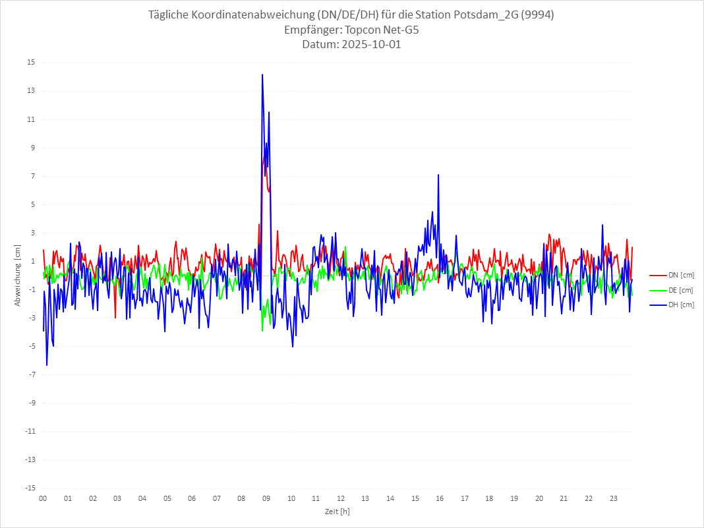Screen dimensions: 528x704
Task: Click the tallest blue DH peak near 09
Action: click(262, 74)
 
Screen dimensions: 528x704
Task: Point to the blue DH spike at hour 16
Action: click(438, 175)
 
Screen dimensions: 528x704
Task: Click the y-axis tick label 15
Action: click(31, 63)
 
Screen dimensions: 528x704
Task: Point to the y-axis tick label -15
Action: click(30, 488)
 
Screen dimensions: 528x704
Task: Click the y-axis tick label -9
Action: click(31, 403)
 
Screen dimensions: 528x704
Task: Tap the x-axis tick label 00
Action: click(43, 498)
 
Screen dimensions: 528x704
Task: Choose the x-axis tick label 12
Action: click(341, 498)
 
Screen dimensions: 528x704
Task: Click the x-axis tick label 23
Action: click(614, 498)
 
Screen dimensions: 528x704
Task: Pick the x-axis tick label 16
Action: click(440, 498)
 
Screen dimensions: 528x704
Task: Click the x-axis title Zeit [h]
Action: click(337, 511)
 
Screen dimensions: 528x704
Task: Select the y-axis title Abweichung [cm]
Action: click(18, 276)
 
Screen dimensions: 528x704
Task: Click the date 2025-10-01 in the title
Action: click(370, 45)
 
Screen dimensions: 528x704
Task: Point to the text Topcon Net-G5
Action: click(382, 30)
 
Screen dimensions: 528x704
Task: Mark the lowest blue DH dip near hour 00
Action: click(47, 365)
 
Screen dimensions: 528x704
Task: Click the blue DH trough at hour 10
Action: click(293, 347)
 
